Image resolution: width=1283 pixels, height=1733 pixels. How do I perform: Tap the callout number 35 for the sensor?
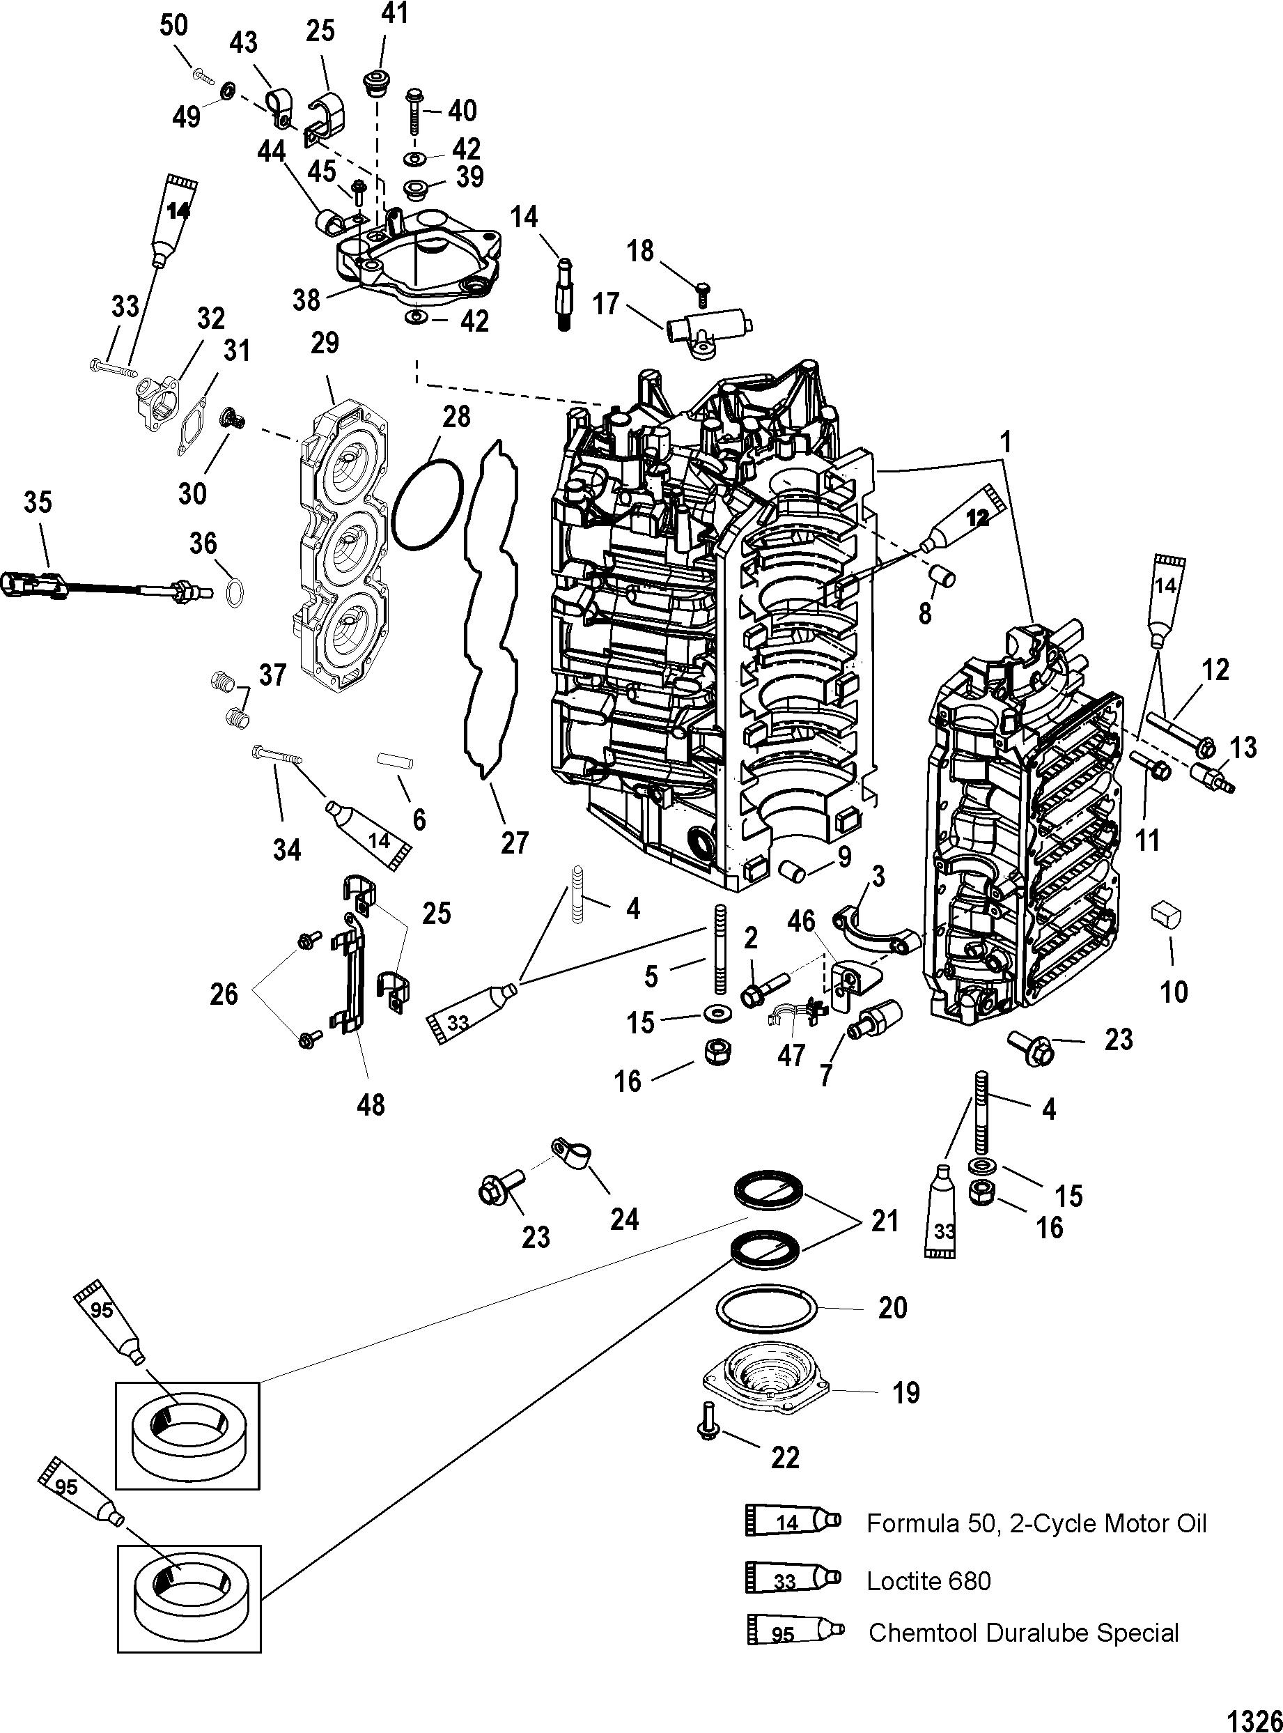(38, 502)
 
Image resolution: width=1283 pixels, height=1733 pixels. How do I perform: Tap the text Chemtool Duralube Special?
(1022, 1633)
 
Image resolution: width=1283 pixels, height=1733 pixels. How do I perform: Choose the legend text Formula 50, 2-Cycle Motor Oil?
(1036, 1523)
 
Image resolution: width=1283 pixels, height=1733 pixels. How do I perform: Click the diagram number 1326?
(1251, 1714)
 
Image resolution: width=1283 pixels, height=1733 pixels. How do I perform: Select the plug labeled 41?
(377, 83)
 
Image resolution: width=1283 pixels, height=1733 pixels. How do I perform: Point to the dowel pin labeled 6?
(394, 760)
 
